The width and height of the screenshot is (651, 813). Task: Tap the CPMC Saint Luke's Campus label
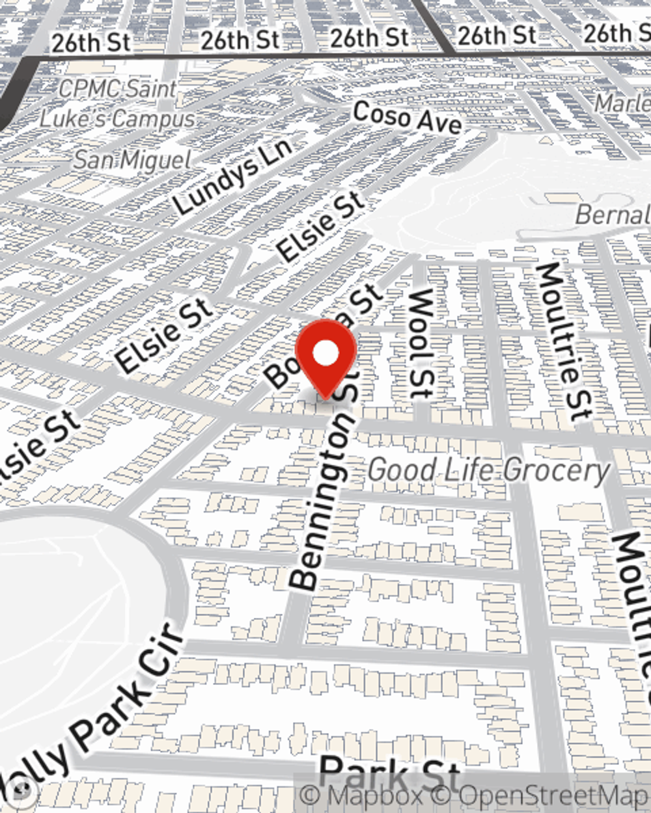pos(118,104)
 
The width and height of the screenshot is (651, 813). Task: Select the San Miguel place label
pos(132,160)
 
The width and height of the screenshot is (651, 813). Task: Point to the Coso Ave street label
pos(408,118)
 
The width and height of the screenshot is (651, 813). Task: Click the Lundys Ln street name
pos(232,176)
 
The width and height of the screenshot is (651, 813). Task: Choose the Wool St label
pos(421,343)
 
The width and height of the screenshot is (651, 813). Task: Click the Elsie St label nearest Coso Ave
pos(320,227)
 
